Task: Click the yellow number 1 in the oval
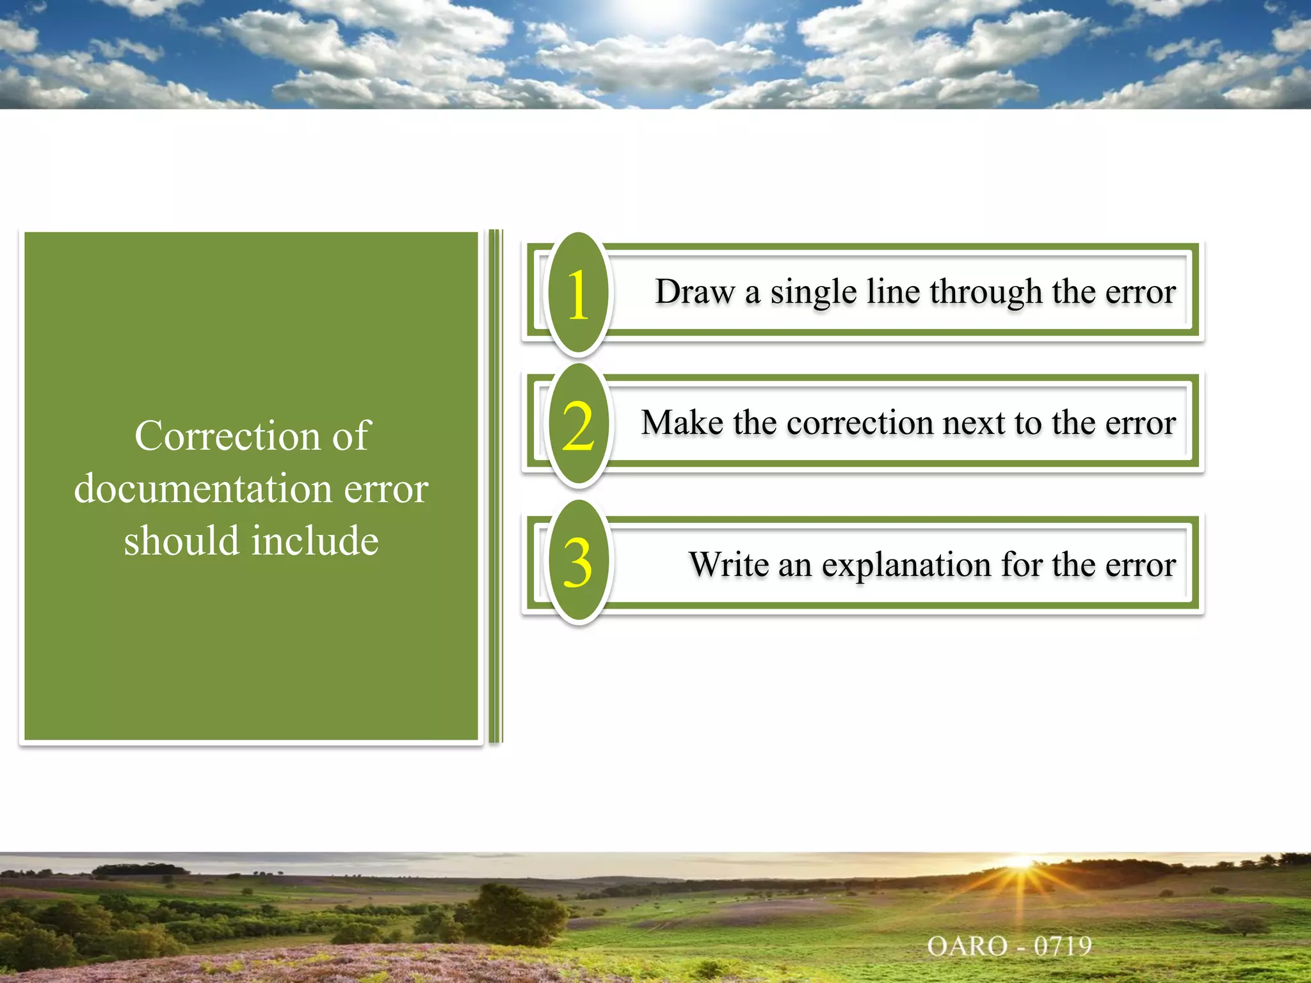578,294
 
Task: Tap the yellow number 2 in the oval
578,426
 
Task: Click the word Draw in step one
695,292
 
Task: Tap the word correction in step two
859,424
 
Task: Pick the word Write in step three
728,564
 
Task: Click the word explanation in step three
906,566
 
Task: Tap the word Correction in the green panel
225,436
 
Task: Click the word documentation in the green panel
204,489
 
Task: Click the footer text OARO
967,946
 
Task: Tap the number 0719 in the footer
1063,946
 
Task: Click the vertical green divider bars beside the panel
495,486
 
